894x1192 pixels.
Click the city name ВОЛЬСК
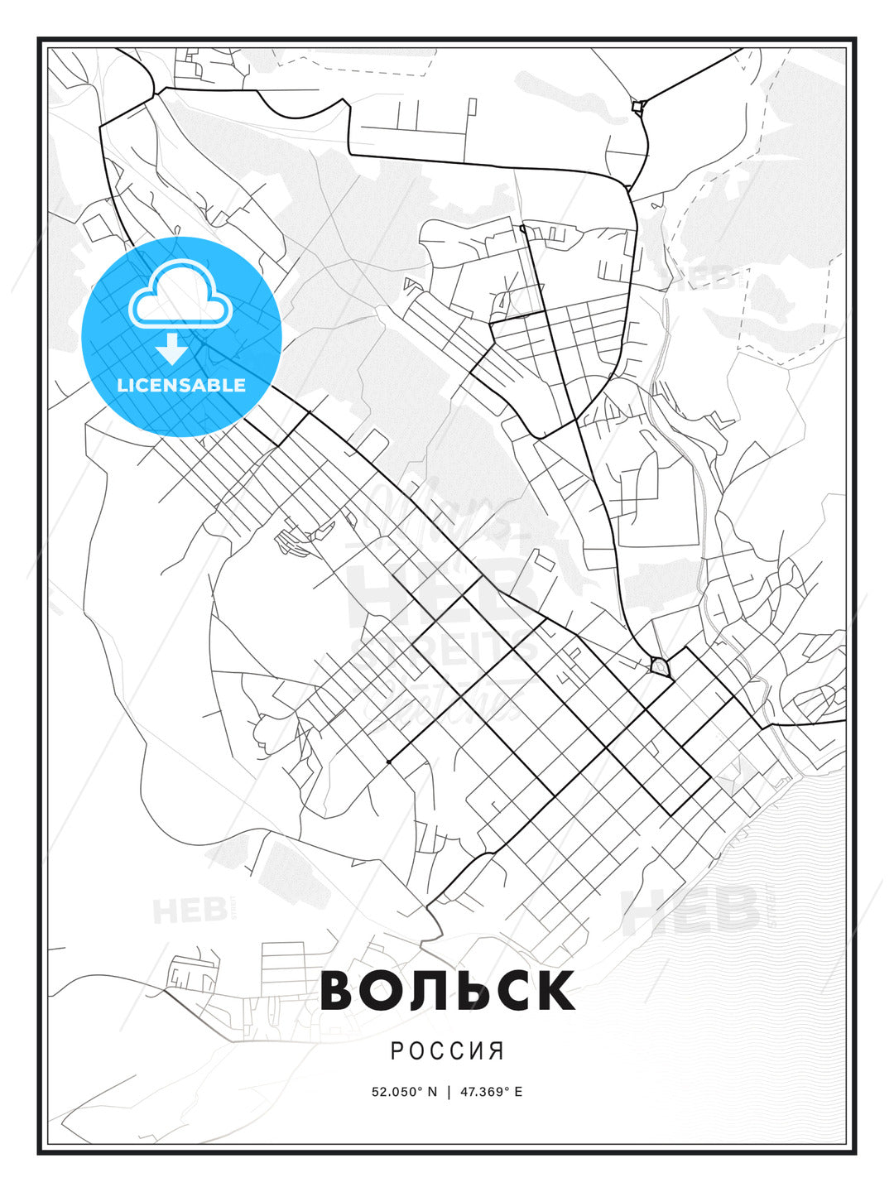pos(447,991)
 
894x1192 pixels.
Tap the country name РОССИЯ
pos(447,1051)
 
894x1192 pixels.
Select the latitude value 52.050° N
pos(404,1092)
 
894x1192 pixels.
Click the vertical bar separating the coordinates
pos(449,1092)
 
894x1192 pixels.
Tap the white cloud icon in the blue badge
pos(180,296)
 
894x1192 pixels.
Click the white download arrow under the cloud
pos(172,349)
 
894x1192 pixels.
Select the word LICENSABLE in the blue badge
pos(181,385)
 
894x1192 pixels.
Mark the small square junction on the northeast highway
pos(637,106)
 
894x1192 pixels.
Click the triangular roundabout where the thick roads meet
pos(659,666)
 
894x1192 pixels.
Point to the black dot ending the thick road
pos(388,762)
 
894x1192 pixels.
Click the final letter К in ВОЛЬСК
pos(556,991)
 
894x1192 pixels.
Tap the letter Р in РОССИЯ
pos(397,1051)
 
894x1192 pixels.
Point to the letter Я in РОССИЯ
pos(497,1051)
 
